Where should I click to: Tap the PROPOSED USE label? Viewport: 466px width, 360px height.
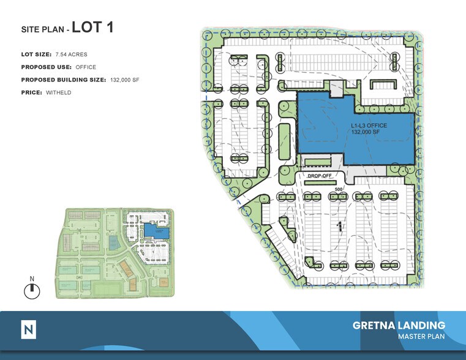46,67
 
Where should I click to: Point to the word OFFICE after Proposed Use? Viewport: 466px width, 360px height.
86,67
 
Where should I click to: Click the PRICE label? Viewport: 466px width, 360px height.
32,92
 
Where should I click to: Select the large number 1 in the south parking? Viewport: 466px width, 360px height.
339,227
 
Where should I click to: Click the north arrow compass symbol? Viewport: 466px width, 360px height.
31,291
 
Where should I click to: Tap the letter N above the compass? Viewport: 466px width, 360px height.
31,279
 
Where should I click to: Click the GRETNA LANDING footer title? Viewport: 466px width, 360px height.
399,325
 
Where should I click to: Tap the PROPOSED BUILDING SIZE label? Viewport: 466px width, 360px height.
64,80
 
